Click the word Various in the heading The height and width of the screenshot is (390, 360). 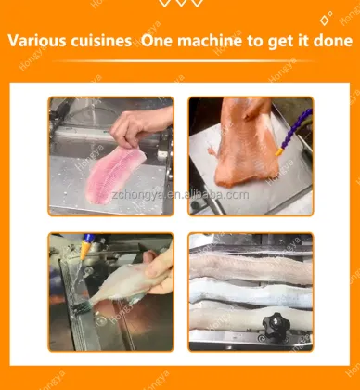36,42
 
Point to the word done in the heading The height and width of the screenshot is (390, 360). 329,42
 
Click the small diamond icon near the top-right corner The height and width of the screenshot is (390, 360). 325,19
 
